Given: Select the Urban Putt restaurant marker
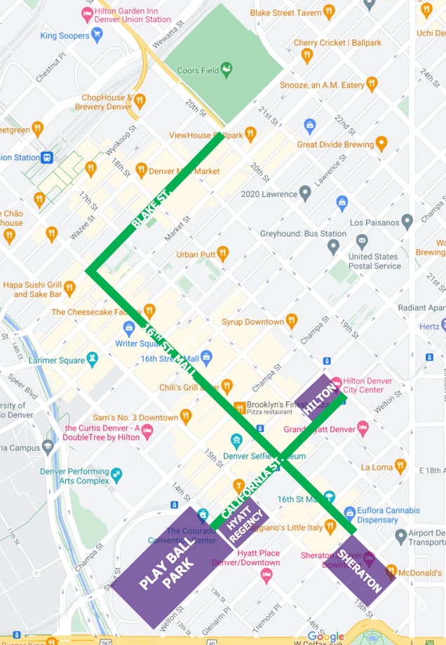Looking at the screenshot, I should (x=222, y=254).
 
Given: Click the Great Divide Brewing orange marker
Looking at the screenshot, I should (x=381, y=144).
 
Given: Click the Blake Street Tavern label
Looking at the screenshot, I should (x=285, y=13).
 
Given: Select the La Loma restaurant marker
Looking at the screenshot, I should (x=400, y=466).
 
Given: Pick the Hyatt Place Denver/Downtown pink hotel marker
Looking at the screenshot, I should (x=266, y=576).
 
